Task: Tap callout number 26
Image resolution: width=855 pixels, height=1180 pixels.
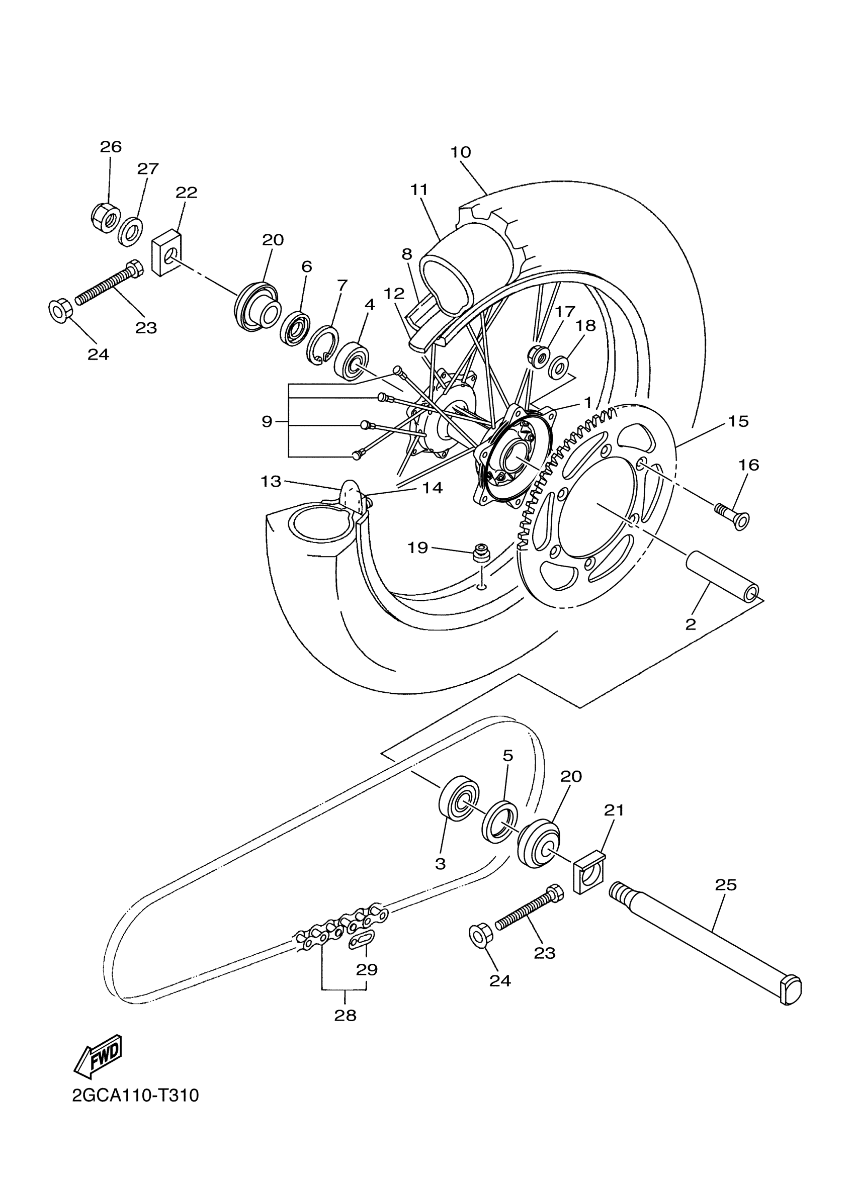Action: click(x=110, y=147)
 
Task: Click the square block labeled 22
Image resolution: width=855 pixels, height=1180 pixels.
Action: click(x=166, y=254)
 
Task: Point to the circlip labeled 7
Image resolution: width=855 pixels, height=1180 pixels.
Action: click(x=323, y=347)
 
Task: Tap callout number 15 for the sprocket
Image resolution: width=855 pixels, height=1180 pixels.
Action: click(x=738, y=421)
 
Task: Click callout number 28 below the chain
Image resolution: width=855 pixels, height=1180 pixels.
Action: click(x=345, y=1015)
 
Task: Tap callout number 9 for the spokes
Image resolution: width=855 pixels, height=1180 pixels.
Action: click(x=267, y=421)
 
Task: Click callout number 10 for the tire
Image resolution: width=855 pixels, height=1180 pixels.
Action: click(x=461, y=152)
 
